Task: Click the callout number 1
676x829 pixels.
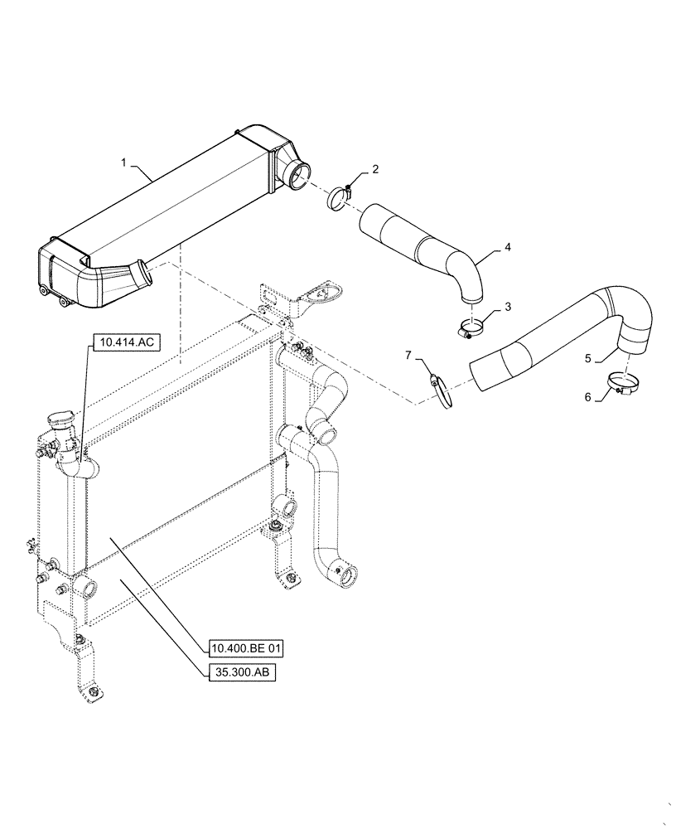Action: (x=124, y=163)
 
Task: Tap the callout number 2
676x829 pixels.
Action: (x=375, y=169)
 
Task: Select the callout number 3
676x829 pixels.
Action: (x=508, y=306)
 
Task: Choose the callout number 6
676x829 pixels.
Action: (x=589, y=396)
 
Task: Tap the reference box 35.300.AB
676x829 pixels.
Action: (x=241, y=672)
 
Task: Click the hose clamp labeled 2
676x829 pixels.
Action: (x=339, y=199)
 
